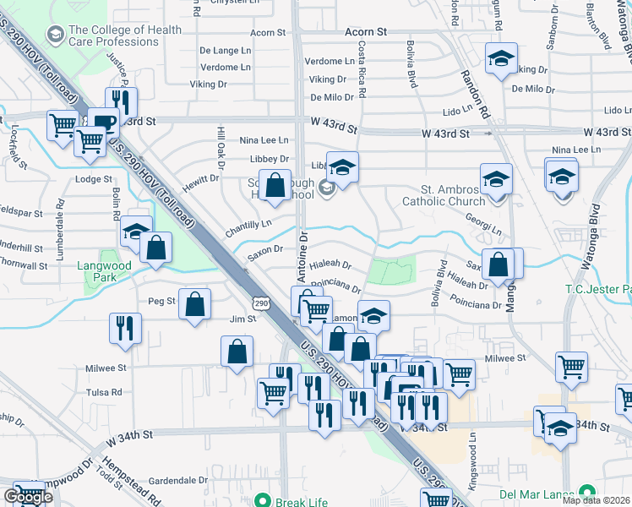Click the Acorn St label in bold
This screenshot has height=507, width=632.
(365, 31)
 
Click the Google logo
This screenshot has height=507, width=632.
(28, 497)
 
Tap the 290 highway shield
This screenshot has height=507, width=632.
(261, 303)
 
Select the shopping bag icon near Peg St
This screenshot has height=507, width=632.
(195, 305)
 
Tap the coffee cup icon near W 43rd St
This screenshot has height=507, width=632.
(106, 123)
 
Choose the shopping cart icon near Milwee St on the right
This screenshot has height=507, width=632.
(572, 368)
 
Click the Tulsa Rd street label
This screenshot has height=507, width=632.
(104, 392)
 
